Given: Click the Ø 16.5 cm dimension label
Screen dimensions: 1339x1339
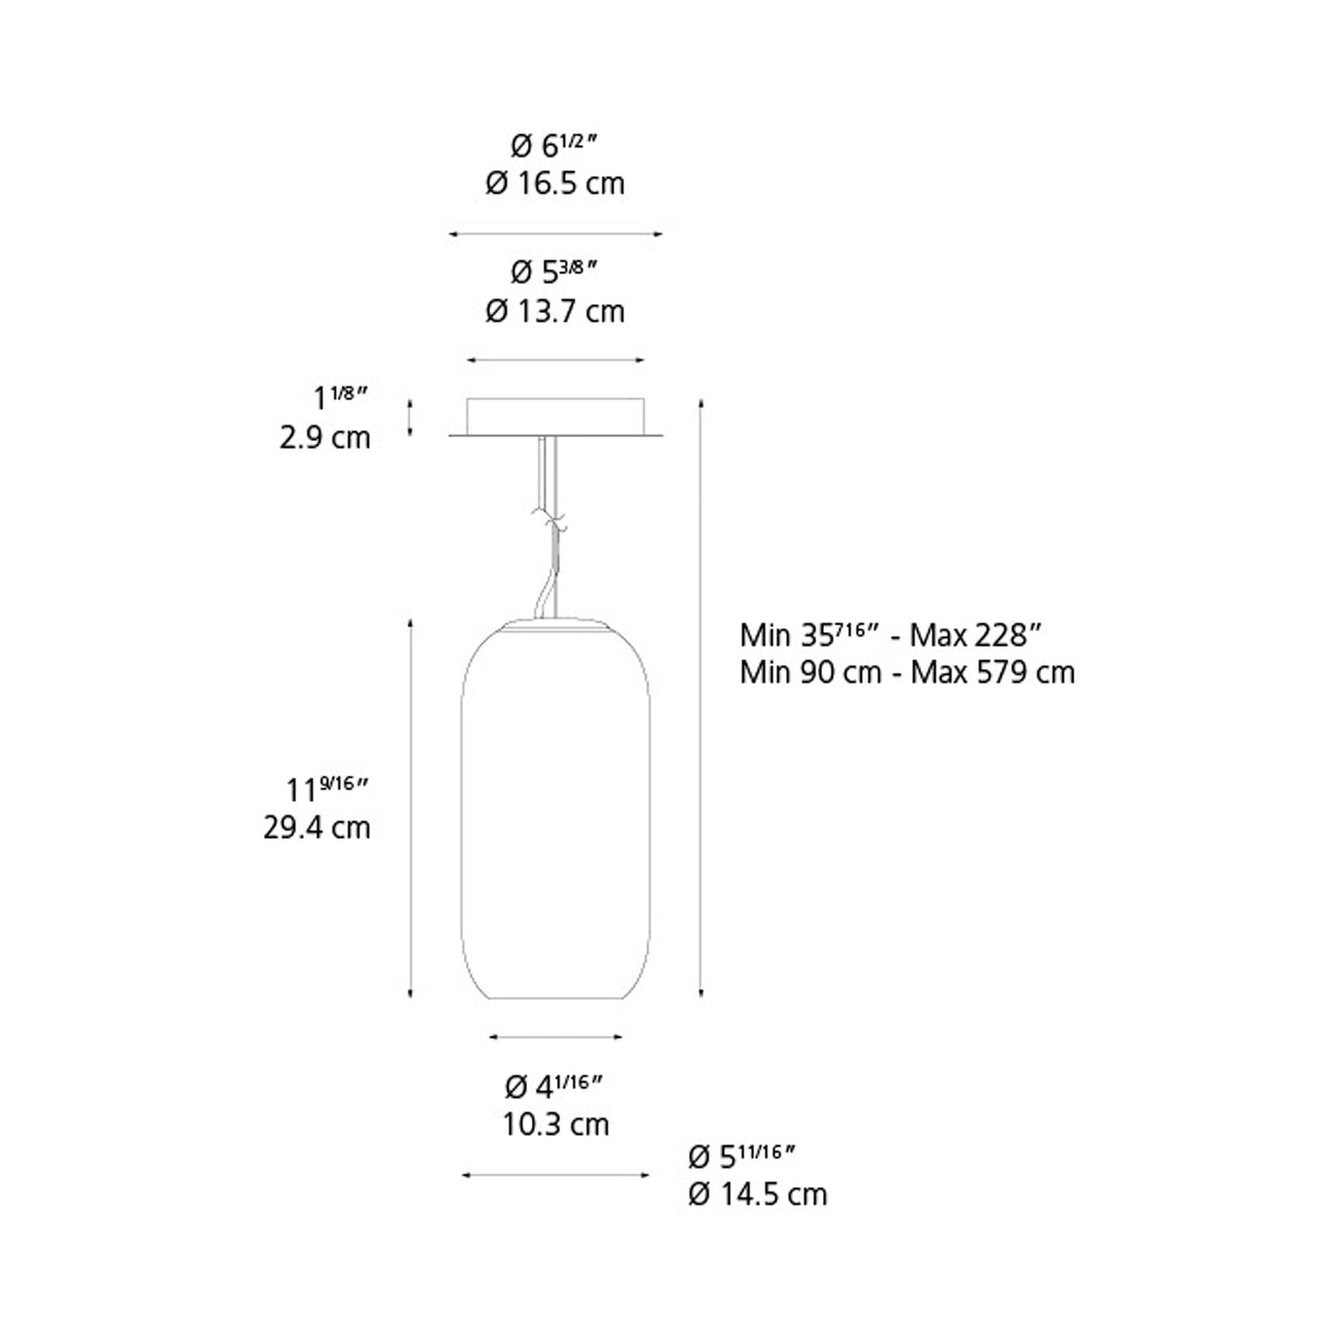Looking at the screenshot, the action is click(555, 183).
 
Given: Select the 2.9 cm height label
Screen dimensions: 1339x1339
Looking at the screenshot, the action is click(325, 437).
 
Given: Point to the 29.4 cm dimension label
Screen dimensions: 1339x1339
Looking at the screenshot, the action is click(317, 827).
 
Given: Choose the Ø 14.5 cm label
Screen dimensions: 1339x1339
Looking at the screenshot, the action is click(758, 1194).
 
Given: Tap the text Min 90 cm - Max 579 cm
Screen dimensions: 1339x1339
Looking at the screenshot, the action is click(907, 673).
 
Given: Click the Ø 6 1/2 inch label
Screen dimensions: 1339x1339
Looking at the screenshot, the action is click(554, 145).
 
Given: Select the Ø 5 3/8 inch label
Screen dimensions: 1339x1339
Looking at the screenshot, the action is click(554, 272).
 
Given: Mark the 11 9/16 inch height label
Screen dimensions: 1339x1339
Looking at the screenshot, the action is click(326, 789).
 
